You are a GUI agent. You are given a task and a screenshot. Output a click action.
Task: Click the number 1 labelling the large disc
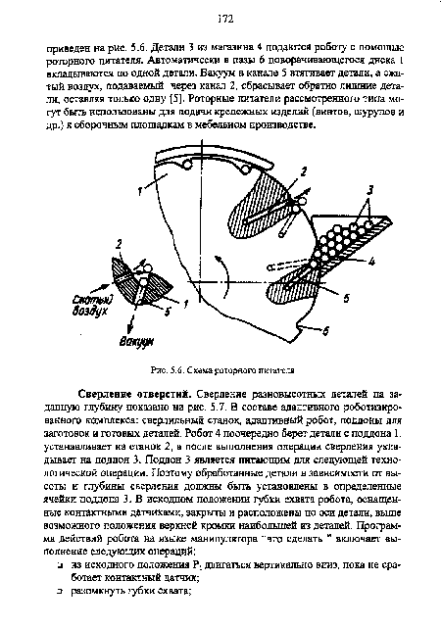pyautogui.click(x=138, y=193)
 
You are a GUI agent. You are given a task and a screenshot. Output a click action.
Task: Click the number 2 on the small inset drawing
pyautogui.click(x=120, y=241)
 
